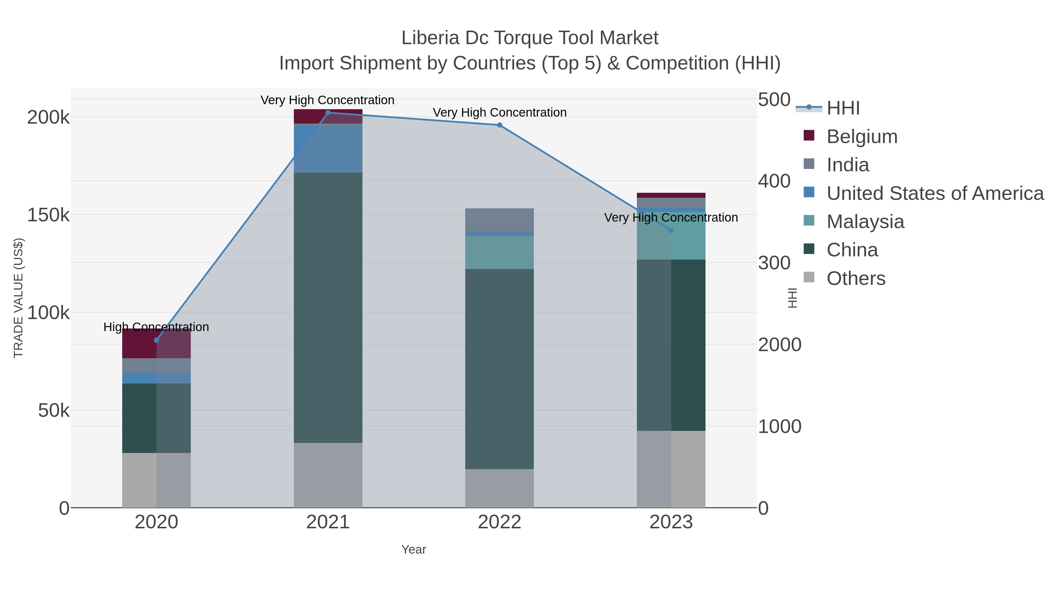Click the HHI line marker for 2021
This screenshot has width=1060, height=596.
328,113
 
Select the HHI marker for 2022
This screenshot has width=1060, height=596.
500,125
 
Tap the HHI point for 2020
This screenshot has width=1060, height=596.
156,340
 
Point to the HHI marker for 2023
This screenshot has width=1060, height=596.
671,230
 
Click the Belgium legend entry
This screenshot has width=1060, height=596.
862,137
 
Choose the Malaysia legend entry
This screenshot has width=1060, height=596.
865,222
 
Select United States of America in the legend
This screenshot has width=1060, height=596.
935,193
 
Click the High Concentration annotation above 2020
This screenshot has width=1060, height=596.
156,327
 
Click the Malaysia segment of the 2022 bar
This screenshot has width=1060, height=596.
500,253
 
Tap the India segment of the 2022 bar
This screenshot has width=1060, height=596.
500,220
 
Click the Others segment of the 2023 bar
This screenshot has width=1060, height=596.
671,469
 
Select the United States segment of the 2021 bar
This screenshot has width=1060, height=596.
328,149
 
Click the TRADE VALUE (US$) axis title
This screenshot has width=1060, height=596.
19,298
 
